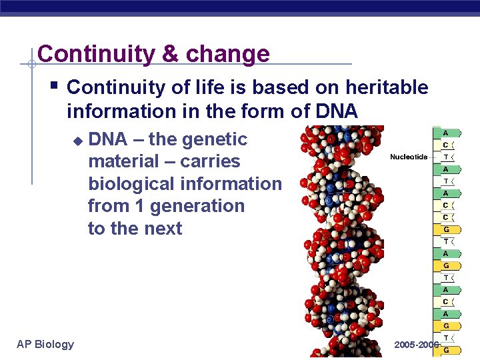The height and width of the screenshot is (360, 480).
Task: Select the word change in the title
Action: click(x=227, y=53)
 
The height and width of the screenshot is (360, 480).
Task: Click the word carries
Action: click(x=210, y=161)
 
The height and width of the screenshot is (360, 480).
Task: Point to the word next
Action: click(x=163, y=228)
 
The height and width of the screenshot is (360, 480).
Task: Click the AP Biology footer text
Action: click(x=45, y=344)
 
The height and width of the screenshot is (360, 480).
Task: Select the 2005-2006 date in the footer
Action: click(x=416, y=345)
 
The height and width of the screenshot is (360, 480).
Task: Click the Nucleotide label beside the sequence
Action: click(x=409, y=157)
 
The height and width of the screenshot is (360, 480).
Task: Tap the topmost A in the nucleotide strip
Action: click(x=445, y=133)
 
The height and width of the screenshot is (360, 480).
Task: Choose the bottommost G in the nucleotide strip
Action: click(x=445, y=350)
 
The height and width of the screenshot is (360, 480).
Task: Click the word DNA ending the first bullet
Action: click(x=337, y=110)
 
